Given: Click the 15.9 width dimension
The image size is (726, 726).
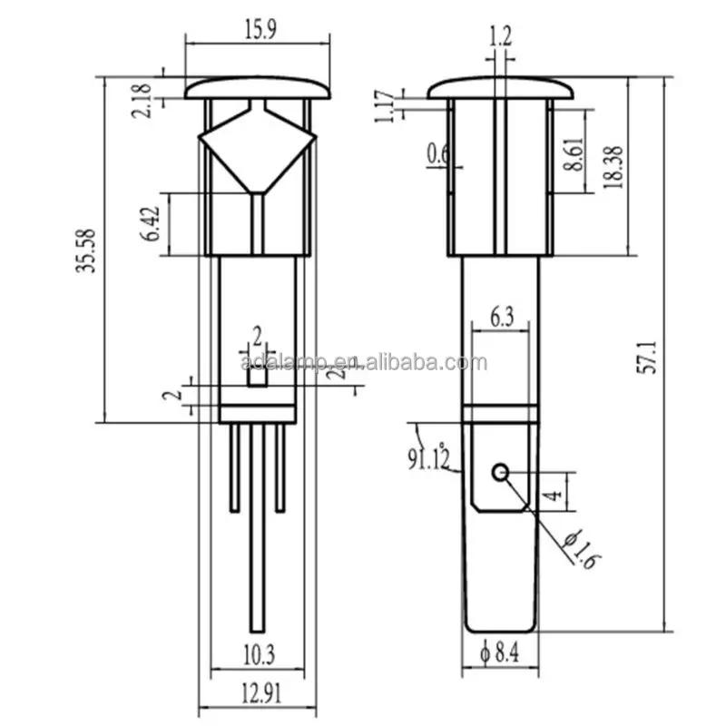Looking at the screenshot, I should pos(258,29).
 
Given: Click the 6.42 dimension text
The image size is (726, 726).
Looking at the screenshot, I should pos(154,223).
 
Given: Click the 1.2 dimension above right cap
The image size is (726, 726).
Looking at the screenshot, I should pos(499,36).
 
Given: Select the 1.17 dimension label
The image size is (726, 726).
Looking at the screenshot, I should pos(385,104).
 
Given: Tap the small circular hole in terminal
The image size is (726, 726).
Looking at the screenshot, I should pos(499,472).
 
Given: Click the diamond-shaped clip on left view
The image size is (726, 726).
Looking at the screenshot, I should pos(257,145).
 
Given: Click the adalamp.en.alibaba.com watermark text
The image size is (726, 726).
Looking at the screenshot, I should pos(363,363).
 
